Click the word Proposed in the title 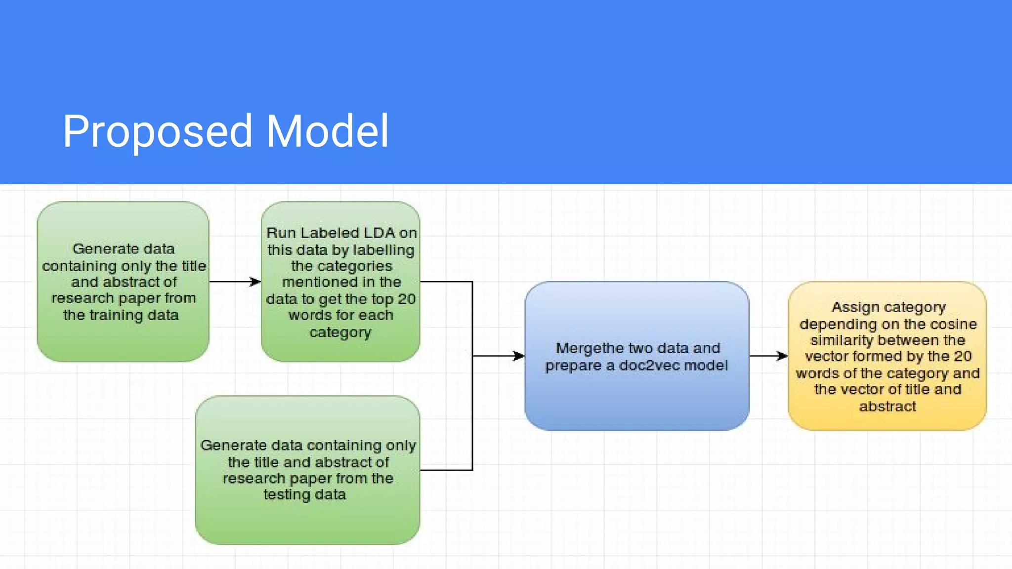[x=157, y=131]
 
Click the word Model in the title [x=327, y=131]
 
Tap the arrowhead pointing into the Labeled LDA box [x=255, y=282]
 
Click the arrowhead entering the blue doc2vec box [x=519, y=356]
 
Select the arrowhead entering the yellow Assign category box [x=782, y=356]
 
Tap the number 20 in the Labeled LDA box [x=407, y=299]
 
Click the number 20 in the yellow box [x=963, y=356]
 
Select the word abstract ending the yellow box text [x=887, y=406]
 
